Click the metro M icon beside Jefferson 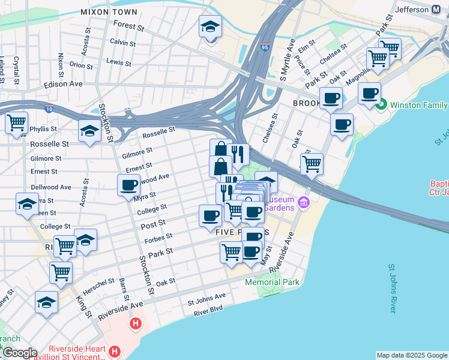point(437,9)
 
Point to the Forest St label point(129,27)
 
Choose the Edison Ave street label point(63,85)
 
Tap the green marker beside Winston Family point(381,105)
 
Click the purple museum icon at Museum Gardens point(304,202)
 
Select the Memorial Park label point(272,281)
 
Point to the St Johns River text point(393,288)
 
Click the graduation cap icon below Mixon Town point(210,26)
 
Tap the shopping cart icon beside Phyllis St point(16,122)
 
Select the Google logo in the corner point(19,353)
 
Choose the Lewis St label point(118,62)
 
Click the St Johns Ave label point(207,296)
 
